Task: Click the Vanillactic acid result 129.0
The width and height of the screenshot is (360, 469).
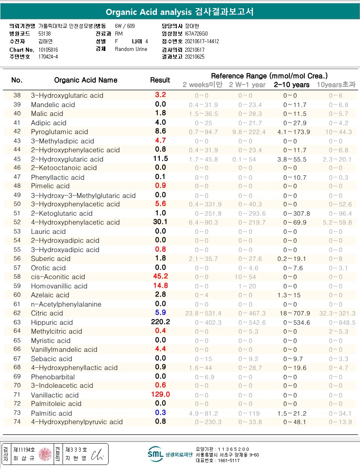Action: point(160,394)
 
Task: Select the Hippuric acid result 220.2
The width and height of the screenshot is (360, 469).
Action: point(160,322)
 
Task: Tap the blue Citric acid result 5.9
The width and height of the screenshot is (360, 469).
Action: point(160,313)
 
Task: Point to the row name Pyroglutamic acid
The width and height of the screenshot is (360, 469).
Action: point(59,132)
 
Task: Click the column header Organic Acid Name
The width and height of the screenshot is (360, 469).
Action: point(86,80)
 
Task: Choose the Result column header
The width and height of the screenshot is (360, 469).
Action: point(160,80)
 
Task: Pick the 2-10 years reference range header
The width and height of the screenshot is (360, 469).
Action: point(291,85)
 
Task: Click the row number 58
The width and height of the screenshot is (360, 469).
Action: point(17,277)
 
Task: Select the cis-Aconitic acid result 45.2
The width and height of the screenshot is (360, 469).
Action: point(160,277)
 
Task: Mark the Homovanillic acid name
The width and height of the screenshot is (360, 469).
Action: point(59,286)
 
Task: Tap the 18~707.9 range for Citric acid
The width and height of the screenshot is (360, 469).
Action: point(296,313)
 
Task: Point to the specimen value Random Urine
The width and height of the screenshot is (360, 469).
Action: point(131,49)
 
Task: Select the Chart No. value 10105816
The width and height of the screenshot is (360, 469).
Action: point(48,50)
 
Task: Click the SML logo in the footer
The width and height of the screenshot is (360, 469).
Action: point(155,454)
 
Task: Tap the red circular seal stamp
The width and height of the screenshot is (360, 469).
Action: point(45,454)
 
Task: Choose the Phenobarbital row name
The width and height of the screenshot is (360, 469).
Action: point(53,376)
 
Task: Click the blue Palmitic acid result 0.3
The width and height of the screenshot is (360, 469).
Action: point(160,412)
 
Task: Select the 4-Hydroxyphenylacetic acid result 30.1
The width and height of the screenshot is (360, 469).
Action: point(160,222)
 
